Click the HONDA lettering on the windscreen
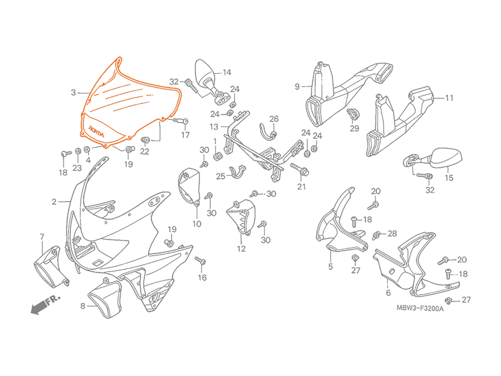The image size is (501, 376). coord(96,131)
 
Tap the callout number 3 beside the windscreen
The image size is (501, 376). coord(73,93)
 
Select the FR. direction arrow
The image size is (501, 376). coord(45,304)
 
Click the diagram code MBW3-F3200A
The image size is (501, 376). coord(420,308)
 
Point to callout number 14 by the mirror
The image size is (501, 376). coord(227,72)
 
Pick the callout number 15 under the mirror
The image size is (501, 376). coord(449,178)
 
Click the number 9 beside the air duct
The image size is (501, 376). coord(297,87)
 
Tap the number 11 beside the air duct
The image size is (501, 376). coord(449,98)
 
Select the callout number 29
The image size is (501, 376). coord(354,128)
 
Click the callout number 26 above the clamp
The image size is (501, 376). coord(274,119)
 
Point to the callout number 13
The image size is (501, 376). coord(214,127)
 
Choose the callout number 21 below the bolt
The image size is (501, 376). coord(301,187)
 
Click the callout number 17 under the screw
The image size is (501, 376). coord(185,135)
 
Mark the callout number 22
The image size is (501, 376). coord(144,151)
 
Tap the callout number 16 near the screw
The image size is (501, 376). coord(202,278)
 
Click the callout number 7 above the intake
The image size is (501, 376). coord(42,237)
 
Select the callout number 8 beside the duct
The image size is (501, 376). coord(83,306)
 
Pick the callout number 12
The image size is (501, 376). coord(241,248)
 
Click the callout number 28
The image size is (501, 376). coord(392,234)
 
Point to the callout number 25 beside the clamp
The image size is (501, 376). coord(221,176)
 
